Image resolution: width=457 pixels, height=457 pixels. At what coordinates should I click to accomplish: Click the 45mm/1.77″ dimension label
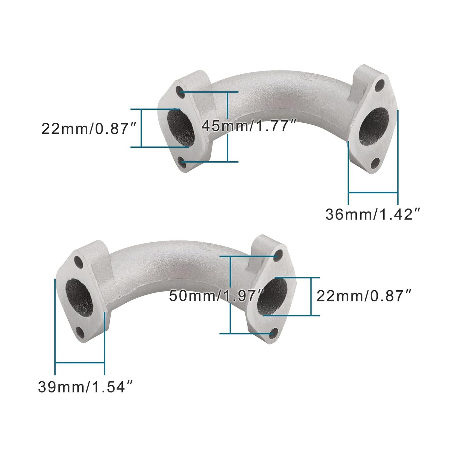249,126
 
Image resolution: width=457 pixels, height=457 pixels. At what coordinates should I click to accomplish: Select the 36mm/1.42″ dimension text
373,214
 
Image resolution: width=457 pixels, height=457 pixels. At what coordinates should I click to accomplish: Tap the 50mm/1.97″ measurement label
216,296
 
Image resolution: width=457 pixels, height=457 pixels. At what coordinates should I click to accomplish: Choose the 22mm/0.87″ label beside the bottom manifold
364,296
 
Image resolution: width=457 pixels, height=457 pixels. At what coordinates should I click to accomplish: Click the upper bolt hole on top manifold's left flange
180,90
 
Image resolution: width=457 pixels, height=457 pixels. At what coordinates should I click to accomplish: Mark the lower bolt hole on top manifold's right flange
375,163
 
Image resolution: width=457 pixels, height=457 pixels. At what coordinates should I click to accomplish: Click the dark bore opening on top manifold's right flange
374,127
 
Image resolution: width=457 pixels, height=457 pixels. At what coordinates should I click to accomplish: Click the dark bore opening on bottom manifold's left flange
79,297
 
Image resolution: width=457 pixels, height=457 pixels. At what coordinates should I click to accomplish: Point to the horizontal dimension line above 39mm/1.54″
80,363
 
